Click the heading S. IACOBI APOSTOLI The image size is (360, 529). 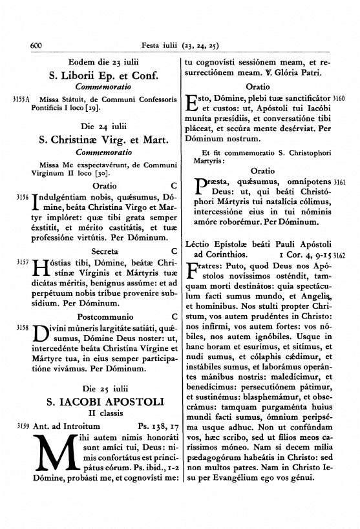100,401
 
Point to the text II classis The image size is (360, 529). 100,414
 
